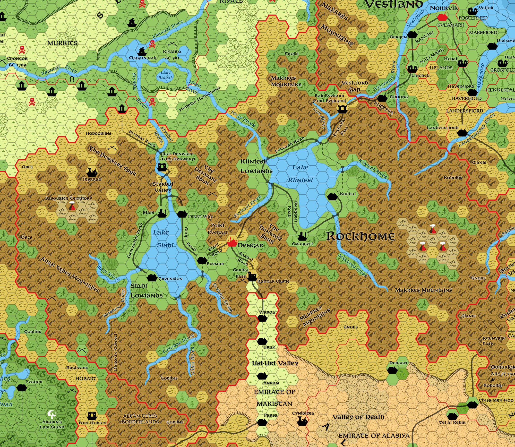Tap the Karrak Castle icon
252,277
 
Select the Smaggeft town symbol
301,235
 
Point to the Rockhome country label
360,236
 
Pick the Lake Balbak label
166,75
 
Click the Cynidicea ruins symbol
302,421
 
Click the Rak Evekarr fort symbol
342,109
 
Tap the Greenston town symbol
152,278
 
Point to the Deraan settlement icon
392,370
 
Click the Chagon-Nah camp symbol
142,51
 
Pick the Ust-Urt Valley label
275,363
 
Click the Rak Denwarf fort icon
162,167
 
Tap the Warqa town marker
262,318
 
